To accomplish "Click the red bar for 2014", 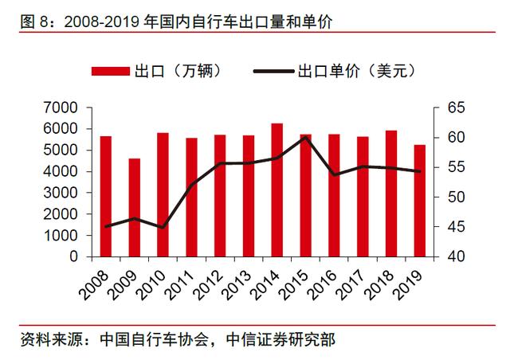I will [x=277, y=191].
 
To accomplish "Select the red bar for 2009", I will [x=135, y=208].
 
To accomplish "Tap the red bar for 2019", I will [x=420, y=202].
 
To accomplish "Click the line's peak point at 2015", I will [x=305, y=137].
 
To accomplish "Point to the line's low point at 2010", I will [x=163, y=228].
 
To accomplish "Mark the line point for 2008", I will [x=106, y=226].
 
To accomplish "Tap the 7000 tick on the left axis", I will [x=61, y=108].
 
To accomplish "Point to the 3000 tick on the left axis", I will [x=61, y=193].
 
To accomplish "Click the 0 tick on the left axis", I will [x=73, y=257].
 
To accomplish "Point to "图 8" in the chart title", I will [x=31, y=22].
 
